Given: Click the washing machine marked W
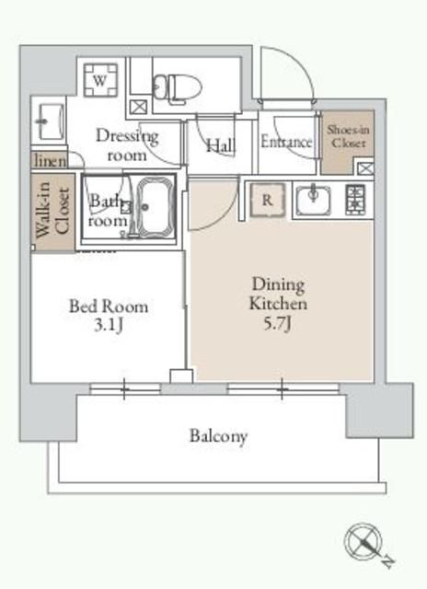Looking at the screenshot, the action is (100, 80).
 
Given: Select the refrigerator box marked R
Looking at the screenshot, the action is (268, 200).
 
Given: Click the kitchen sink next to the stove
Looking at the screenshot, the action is (313, 200).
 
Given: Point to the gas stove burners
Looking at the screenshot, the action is (355, 200).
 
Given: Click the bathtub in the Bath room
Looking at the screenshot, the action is (156, 207).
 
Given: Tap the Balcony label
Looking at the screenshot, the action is (218, 436).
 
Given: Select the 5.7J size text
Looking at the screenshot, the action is (277, 324).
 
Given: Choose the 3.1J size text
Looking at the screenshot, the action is (109, 325).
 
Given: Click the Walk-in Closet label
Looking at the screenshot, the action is (53, 211).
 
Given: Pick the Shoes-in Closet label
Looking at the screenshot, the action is (348, 136).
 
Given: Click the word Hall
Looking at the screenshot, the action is (221, 145).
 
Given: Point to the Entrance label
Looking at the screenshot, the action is (286, 142).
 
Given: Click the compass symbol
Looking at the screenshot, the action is (364, 542).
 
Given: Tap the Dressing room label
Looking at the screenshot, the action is (127, 145).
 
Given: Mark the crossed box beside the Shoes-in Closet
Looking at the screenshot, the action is (364, 167).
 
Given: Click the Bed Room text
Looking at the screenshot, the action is (109, 306).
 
